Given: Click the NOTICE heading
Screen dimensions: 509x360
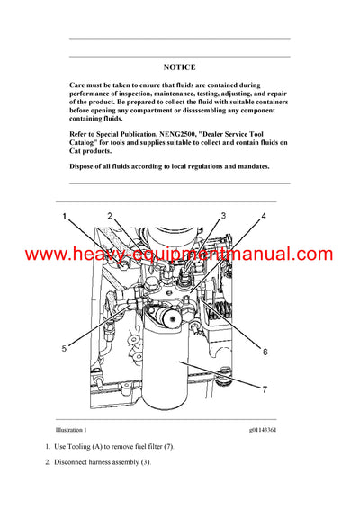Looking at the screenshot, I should (x=179, y=67).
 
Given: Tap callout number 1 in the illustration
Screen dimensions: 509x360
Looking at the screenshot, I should (x=65, y=217).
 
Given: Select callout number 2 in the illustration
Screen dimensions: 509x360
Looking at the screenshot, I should (x=110, y=216).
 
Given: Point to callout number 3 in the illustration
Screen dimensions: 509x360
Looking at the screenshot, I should (x=223, y=216).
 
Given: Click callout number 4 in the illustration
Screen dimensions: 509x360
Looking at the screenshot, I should (x=264, y=216).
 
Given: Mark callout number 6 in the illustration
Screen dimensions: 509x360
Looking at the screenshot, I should (x=265, y=352).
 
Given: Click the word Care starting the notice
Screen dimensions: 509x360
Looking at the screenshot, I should (x=79, y=84).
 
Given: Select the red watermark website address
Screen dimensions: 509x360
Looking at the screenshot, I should (x=179, y=254).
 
